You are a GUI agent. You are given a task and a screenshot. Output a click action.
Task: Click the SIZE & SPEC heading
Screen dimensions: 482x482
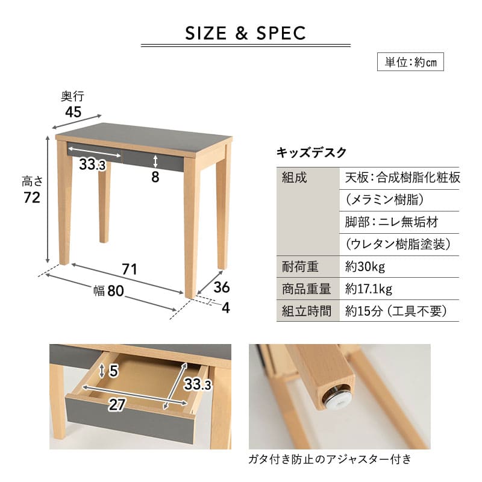(245, 33)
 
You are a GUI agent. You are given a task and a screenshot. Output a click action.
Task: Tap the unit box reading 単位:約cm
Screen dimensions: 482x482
(410, 62)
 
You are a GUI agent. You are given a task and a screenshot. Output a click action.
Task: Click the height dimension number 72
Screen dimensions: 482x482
(32, 198)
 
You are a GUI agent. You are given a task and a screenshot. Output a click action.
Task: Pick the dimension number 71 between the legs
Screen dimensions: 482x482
(130, 269)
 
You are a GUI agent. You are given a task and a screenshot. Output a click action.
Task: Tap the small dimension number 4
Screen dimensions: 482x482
(225, 308)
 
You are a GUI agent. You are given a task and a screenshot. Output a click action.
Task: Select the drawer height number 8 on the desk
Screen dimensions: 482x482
(155, 177)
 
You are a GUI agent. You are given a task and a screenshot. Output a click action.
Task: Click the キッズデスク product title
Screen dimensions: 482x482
(311, 152)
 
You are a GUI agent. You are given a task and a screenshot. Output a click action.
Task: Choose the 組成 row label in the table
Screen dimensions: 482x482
(295, 178)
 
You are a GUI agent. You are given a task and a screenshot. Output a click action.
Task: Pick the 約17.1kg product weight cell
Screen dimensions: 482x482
(369, 289)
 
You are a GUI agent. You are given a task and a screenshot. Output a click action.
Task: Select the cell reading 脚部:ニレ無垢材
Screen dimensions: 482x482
(392, 222)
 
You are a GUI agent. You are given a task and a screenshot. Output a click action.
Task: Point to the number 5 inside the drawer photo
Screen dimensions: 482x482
(113, 372)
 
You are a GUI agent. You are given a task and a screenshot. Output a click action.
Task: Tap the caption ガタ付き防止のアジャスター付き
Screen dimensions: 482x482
(330, 460)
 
